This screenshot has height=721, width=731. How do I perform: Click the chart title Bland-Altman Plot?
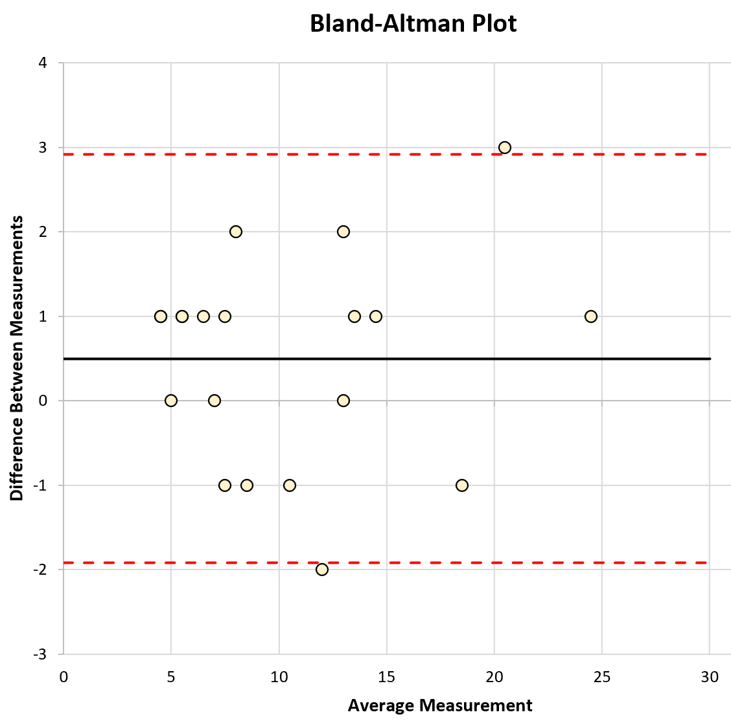click(413, 24)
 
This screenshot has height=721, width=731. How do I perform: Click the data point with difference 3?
click(505, 148)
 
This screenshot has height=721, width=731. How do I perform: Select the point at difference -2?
click(322, 570)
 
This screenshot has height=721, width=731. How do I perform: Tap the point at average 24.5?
click(590, 316)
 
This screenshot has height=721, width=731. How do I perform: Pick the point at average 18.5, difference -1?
click(461, 485)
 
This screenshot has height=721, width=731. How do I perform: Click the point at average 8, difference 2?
click(236, 232)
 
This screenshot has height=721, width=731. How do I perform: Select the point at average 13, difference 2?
click(343, 232)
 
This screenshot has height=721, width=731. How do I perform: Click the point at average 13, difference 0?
click(343, 401)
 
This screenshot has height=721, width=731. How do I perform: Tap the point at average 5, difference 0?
click(171, 401)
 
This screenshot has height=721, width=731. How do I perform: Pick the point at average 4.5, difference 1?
click(161, 316)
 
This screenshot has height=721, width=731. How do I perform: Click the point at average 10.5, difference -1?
click(290, 485)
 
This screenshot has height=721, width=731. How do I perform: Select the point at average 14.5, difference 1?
click(376, 316)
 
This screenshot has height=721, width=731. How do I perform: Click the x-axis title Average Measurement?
click(440, 705)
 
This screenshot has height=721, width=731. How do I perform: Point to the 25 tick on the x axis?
click(601, 677)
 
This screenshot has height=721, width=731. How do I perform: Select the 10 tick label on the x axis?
click(279, 677)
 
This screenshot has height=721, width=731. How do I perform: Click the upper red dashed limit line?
click(389, 155)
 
